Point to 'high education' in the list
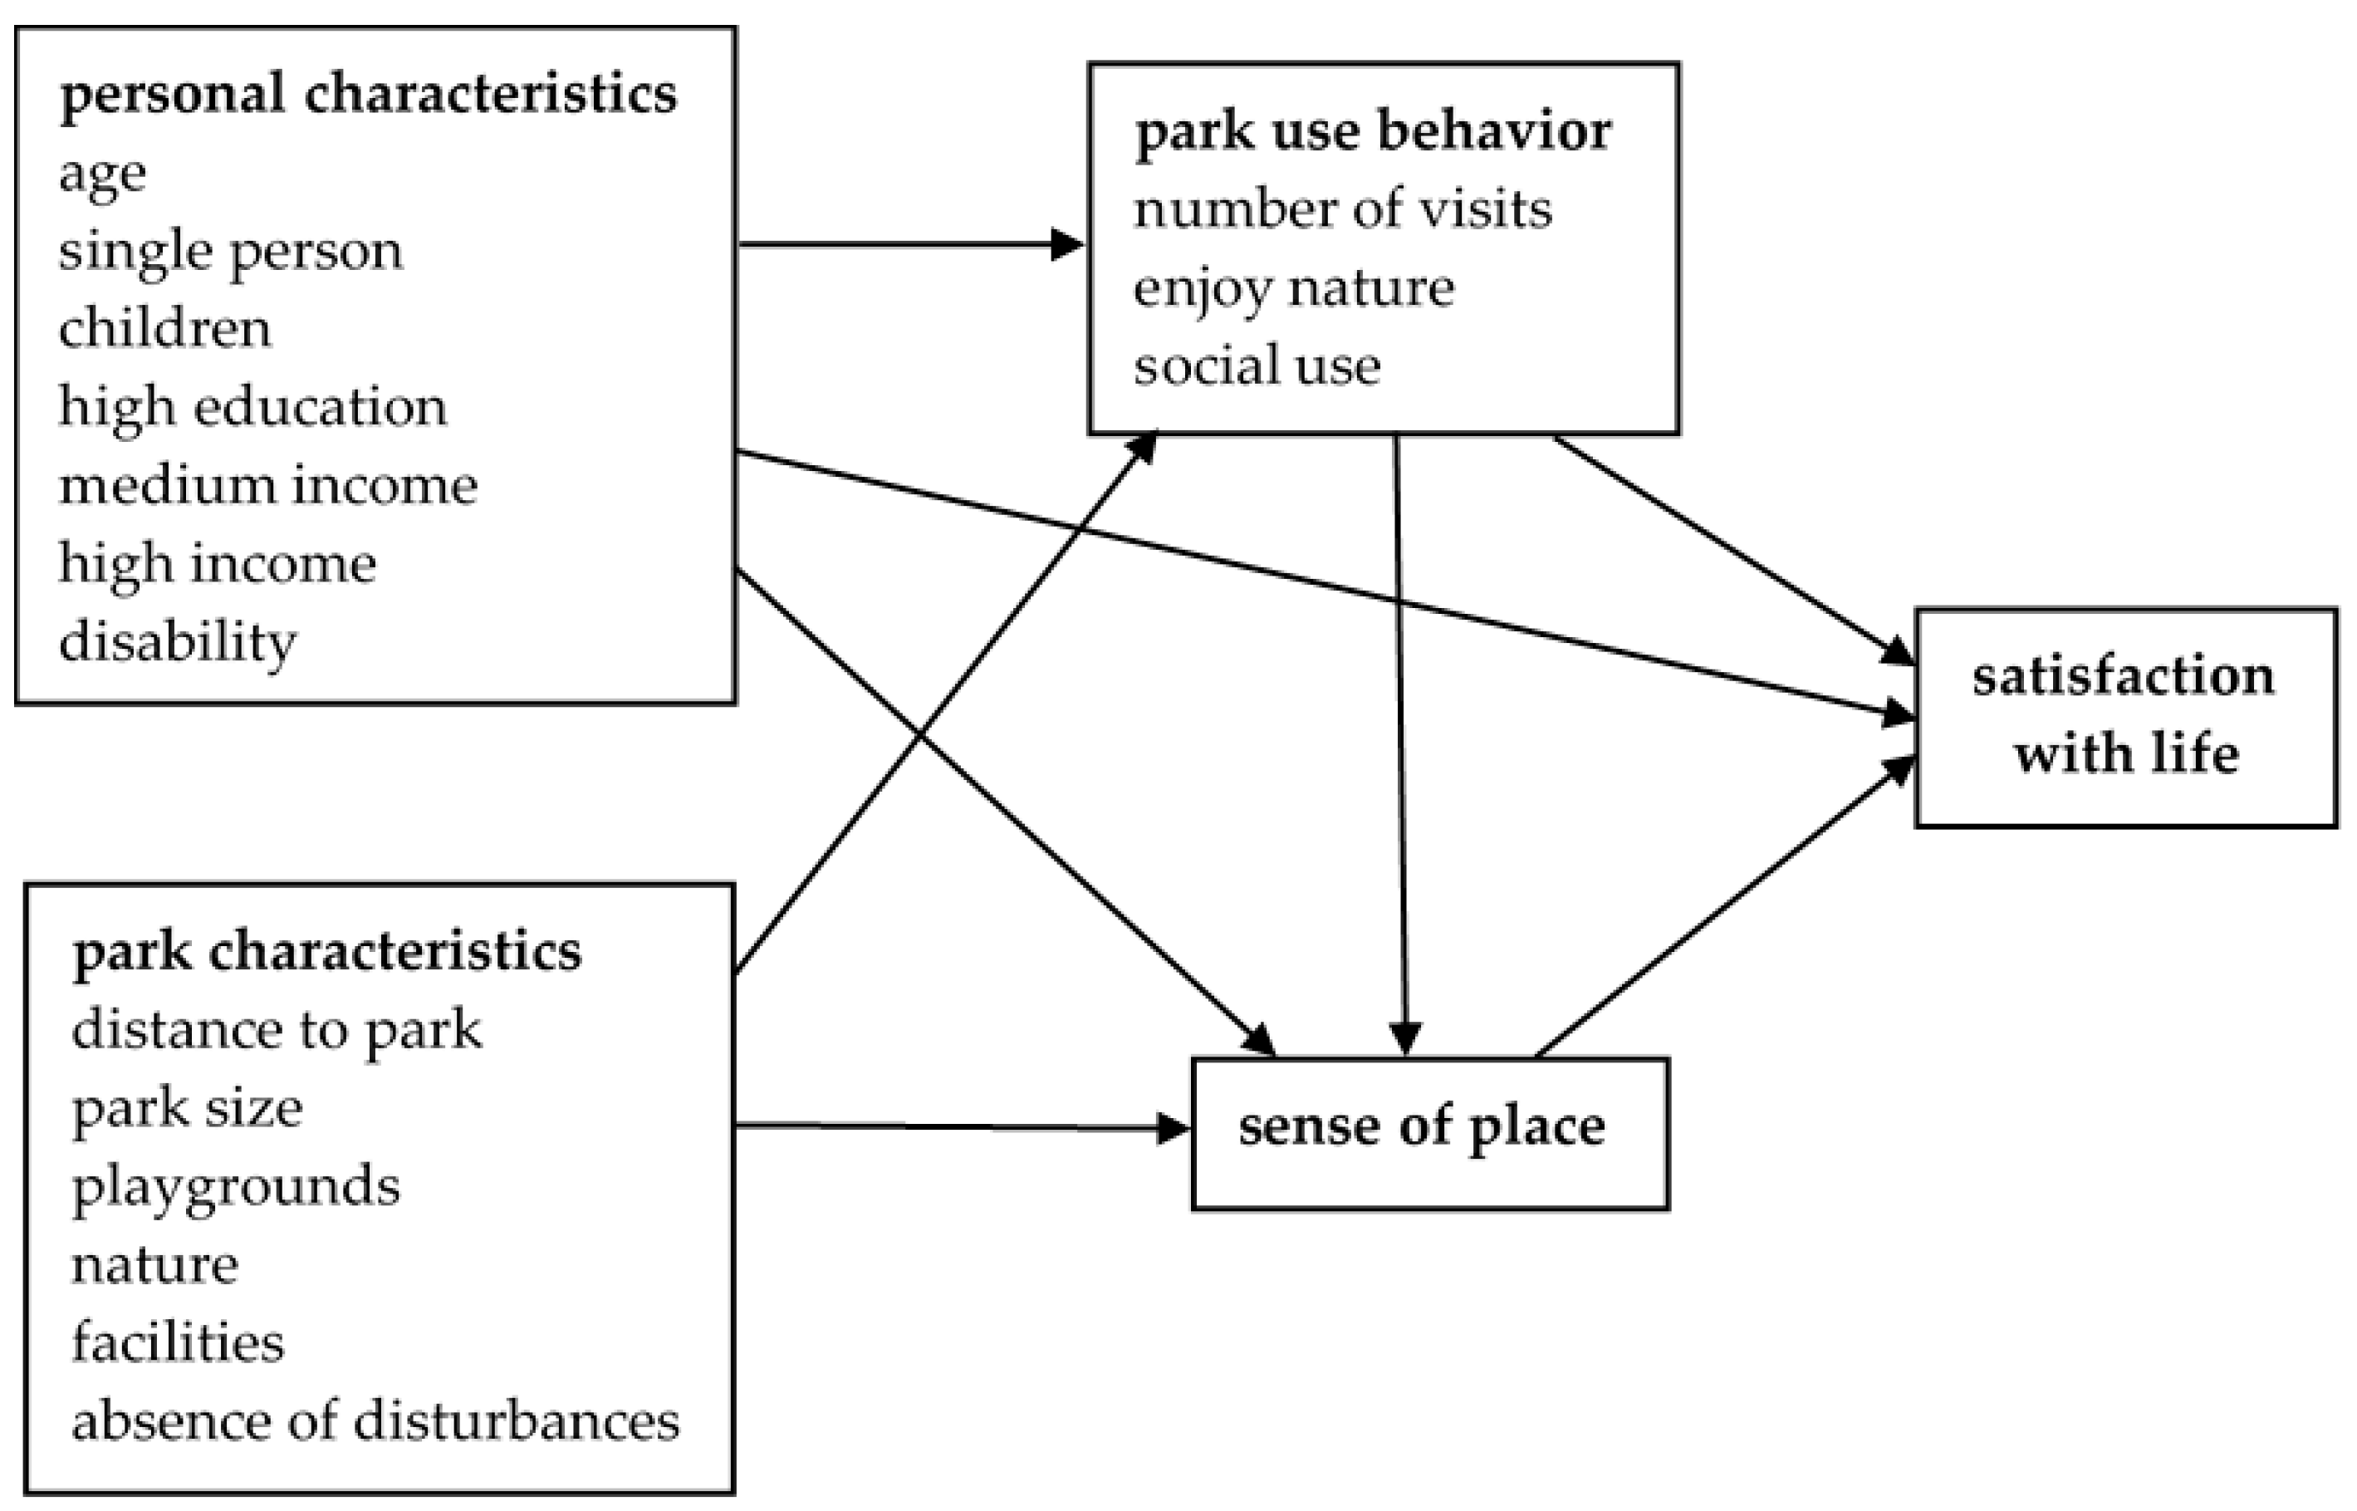[x=252, y=407]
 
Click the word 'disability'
[x=178, y=643]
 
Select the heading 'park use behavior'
[x=1372, y=132]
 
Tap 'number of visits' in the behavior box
[x=1343, y=210]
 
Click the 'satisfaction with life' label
[x=2124, y=715]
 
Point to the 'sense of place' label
[x=1421, y=1126]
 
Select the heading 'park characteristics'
[x=326, y=952]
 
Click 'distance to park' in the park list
[x=277, y=1031]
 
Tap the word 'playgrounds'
[x=235, y=1187]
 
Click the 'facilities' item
[x=178, y=1343]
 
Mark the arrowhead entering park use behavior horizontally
[x=1066, y=244]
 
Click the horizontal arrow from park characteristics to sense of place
[x=961, y=1127]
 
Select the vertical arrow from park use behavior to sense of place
[x=1401, y=746]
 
